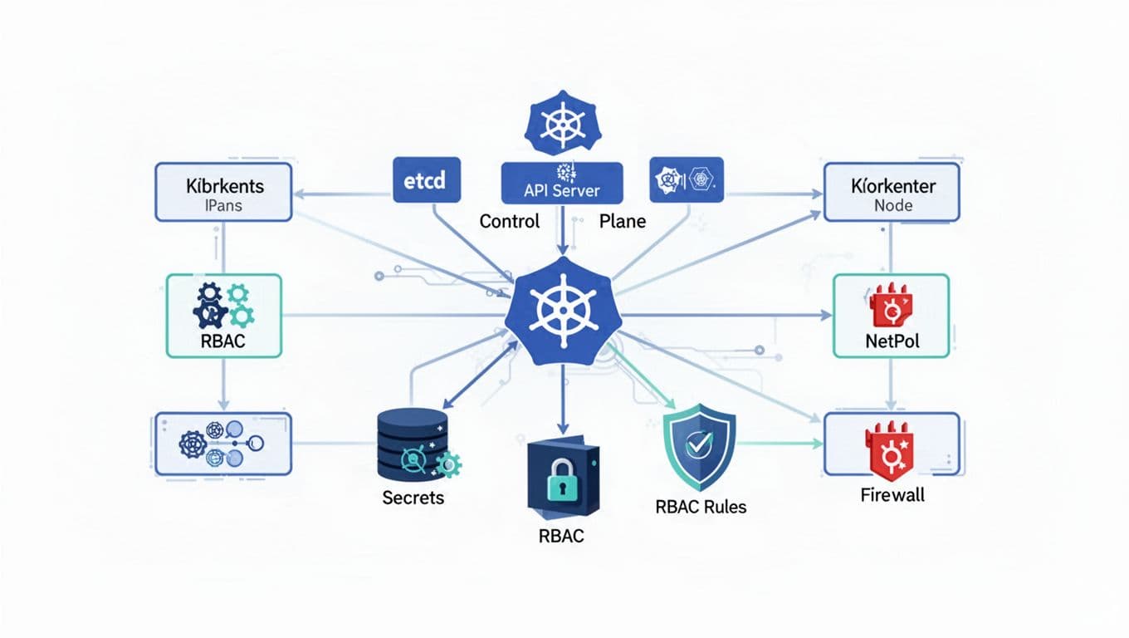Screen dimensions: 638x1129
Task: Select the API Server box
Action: coord(562,183)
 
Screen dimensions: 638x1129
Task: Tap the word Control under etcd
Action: coord(510,221)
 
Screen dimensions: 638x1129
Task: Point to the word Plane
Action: coord(622,221)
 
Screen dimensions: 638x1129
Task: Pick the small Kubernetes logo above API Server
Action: coord(562,125)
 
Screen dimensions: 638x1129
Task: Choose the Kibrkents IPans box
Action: coord(224,192)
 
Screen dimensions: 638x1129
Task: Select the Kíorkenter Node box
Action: coord(892,192)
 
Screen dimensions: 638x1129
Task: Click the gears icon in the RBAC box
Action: coord(223,305)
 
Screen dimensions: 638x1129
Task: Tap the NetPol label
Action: coord(892,341)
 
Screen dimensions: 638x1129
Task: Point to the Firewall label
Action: coord(892,495)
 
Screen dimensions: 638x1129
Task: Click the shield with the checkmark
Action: coord(700,447)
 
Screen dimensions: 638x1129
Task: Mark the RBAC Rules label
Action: coord(700,506)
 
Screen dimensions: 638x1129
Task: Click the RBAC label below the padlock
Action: coord(561,536)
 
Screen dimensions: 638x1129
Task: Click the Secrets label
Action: coord(413,498)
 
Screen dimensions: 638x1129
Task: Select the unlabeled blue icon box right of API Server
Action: coord(687,179)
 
